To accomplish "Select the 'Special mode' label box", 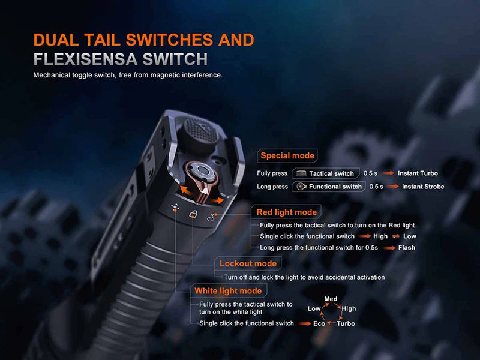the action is click(x=287, y=155).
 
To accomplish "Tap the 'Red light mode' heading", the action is click(x=287, y=212).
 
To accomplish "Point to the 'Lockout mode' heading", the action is click(x=248, y=263).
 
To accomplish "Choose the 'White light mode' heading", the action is click(x=228, y=291).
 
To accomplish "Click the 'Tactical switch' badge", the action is click(x=326, y=173).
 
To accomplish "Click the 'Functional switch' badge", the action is click(x=329, y=187).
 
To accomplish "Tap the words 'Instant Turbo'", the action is click(x=418, y=173).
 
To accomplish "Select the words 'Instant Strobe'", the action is click(x=423, y=187).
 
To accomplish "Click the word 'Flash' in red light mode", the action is click(x=407, y=247).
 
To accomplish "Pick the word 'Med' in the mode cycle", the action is click(x=331, y=299).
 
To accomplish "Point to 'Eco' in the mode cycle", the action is click(x=319, y=323).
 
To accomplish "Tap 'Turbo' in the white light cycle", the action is click(x=346, y=323).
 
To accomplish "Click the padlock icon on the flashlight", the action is click(x=193, y=214).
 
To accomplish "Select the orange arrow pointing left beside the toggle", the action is click(x=187, y=190).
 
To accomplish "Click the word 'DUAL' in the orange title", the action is click(x=56, y=40).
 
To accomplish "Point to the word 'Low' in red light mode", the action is click(x=410, y=236).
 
